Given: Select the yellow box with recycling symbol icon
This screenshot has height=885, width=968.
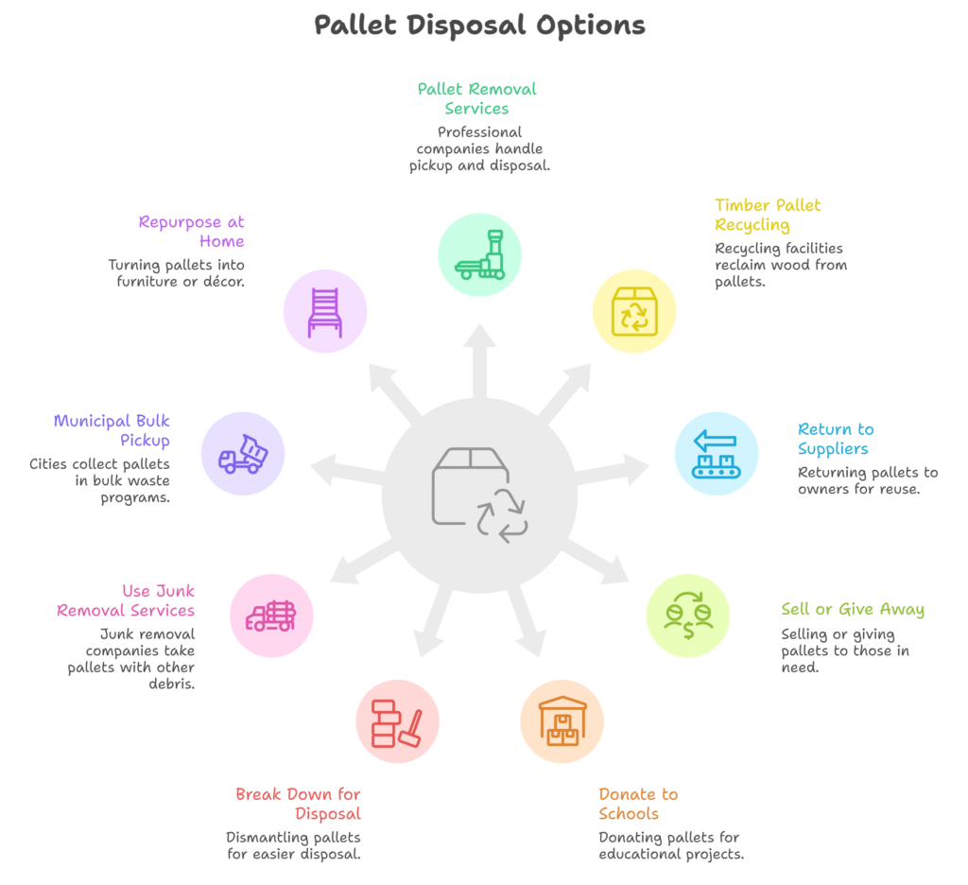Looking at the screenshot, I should click(634, 311).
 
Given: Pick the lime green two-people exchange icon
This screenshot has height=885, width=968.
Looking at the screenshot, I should click(688, 615).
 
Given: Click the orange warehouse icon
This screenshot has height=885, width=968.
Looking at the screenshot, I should click(562, 721).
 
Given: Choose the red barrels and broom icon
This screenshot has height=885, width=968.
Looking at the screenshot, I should click(397, 721).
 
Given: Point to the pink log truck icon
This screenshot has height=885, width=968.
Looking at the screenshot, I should click(272, 616).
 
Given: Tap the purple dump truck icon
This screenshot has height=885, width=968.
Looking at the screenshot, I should click(242, 453).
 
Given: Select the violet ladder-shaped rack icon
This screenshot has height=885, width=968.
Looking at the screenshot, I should click(324, 312).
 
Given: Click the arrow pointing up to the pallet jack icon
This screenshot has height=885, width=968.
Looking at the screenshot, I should click(480, 355).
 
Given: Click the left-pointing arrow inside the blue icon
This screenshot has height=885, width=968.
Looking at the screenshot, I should click(716, 439).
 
